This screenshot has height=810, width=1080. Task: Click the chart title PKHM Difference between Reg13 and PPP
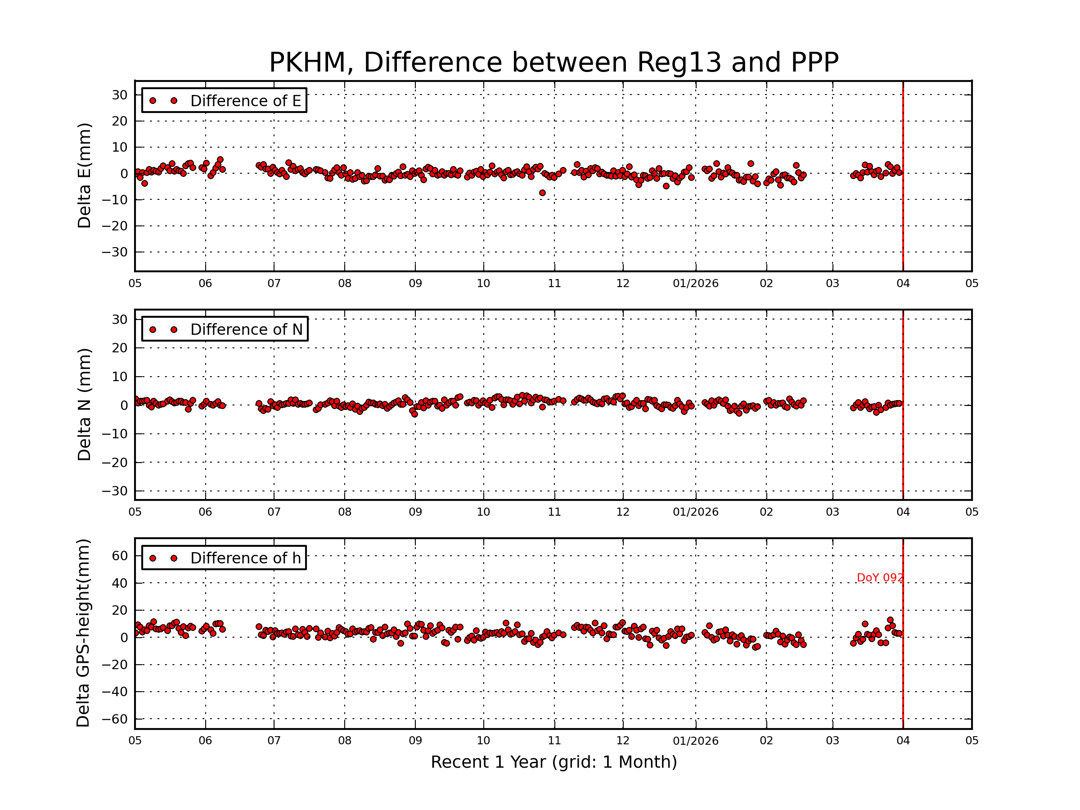pos(553,63)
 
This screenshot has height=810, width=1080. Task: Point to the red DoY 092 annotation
pos(880,578)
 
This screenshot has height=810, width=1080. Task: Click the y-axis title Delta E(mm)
pos(84,176)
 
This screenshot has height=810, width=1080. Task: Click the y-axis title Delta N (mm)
pos(84,404)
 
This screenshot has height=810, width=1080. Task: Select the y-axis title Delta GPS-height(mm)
pos(83,633)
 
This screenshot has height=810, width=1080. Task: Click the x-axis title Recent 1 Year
pos(553,762)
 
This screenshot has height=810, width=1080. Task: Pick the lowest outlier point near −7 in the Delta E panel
pos(542,193)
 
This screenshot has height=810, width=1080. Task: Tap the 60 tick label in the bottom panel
pos(120,556)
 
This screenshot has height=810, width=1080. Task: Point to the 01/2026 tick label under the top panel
pos(695,283)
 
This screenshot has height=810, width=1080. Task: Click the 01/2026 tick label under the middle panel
pos(695,512)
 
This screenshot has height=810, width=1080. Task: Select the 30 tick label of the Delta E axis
pos(120,94)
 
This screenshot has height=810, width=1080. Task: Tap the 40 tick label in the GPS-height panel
pos(120,583)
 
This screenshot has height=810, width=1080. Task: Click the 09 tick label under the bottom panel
pos(415,741)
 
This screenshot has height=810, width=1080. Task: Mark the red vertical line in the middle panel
pos(903,405)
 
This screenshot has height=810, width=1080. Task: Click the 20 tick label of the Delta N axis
pos(120,348)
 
